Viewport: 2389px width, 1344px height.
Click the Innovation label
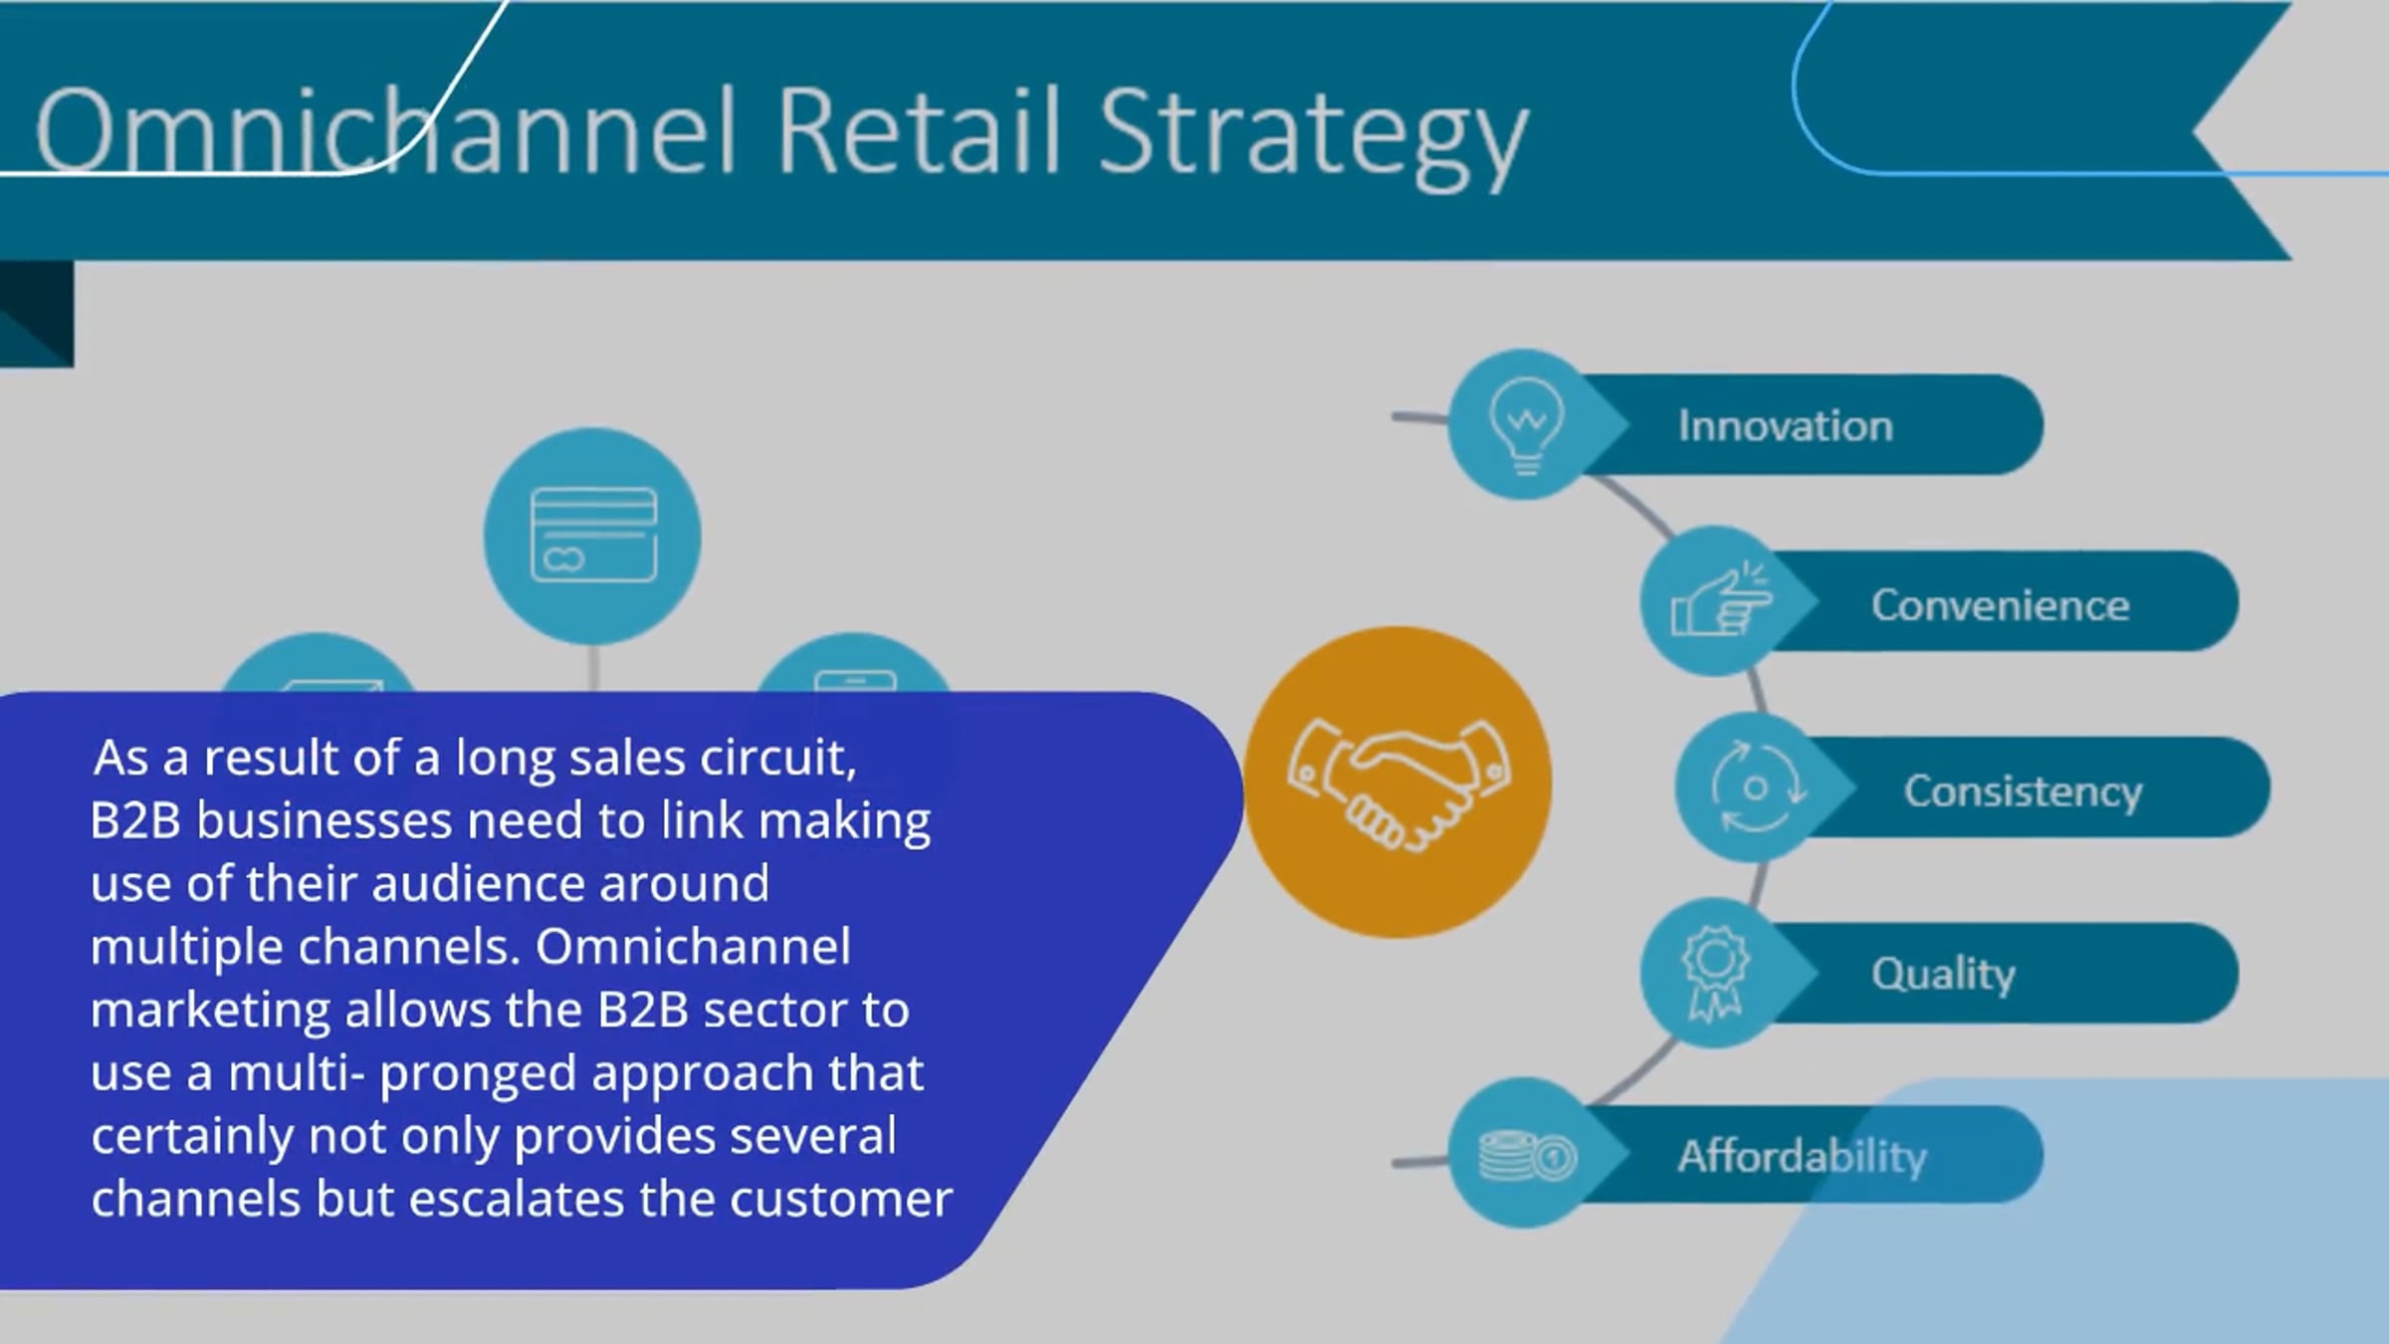point(1785,426)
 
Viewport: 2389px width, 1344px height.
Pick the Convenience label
point(2000,605)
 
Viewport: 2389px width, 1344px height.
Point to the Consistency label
point(2023,791)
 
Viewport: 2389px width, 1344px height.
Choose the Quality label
point(1942,974)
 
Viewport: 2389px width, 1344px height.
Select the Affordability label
point(1802,1157)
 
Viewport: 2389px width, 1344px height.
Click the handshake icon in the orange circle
point(1398,783)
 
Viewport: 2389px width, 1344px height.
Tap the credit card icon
point(593,535)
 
